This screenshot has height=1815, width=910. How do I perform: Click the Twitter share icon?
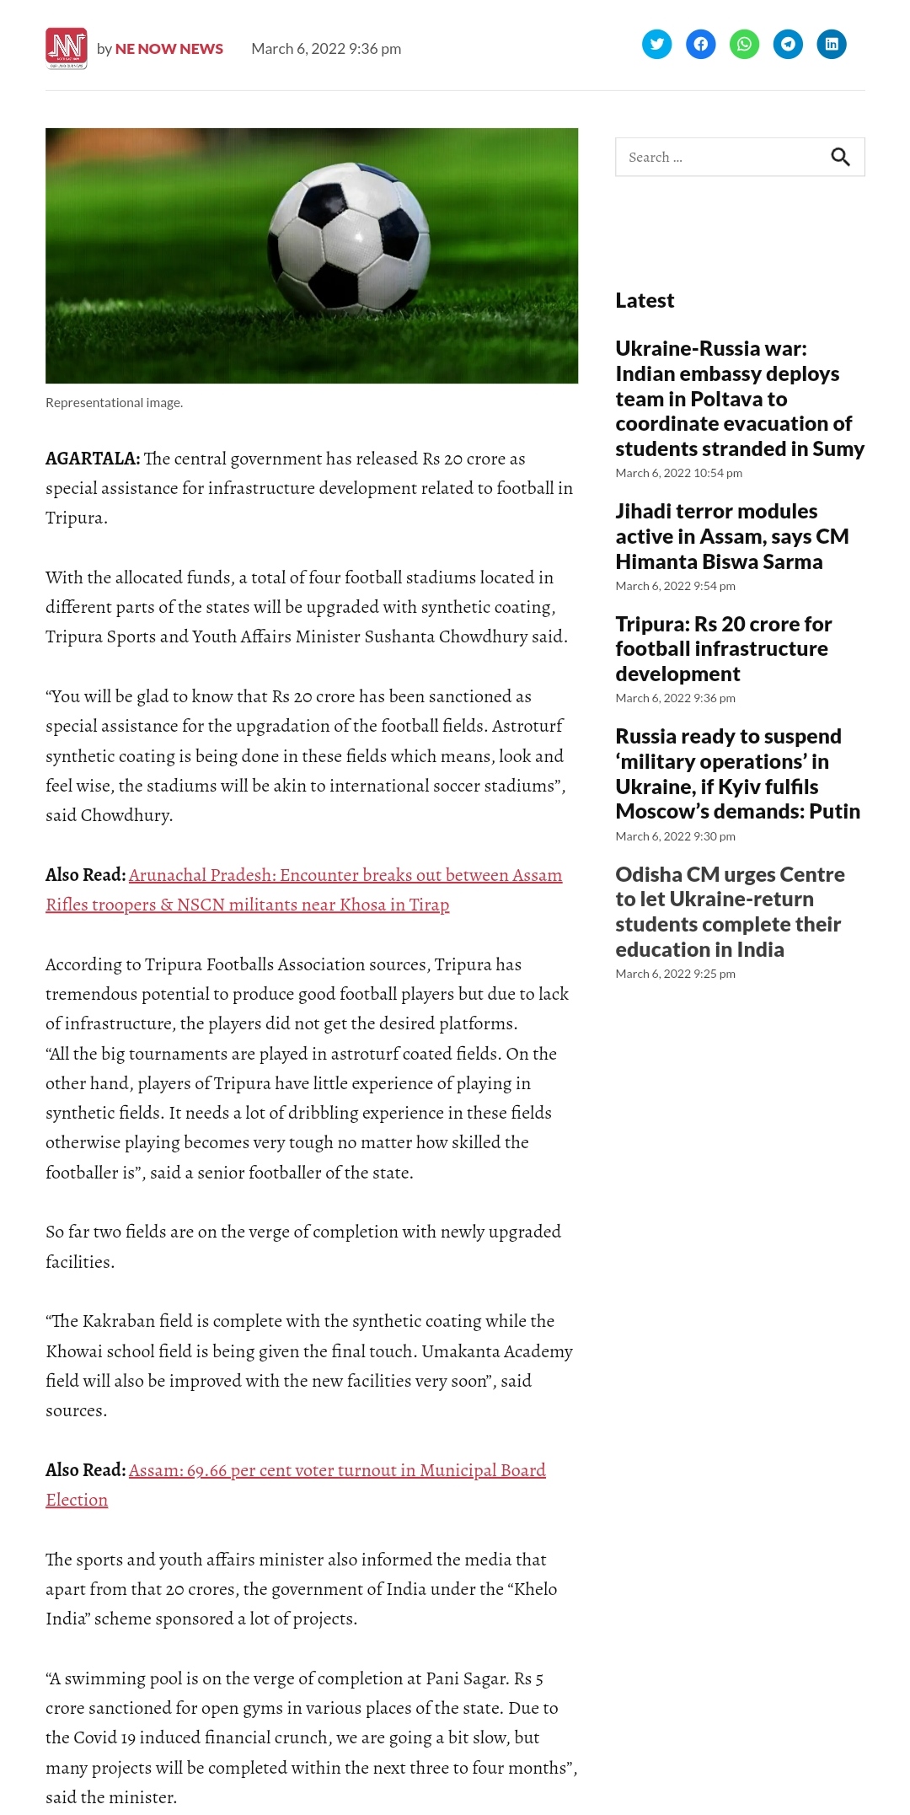[x=656, y=44]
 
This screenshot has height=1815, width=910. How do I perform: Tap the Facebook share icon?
[x=700, y=44]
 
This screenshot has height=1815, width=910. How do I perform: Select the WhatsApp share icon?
[x=744, y=44]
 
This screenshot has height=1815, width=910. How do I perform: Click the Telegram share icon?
[x=788, y=44]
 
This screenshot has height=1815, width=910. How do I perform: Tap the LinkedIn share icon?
[x=832, y=44]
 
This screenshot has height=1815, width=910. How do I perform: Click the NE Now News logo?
[x=67, y=48]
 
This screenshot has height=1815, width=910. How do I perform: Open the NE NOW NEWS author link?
[x=169, y=49]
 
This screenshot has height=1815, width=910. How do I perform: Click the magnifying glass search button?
[x=840, y=157]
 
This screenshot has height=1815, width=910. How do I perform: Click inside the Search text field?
[x=716, y=157]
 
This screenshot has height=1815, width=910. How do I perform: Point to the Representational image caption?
[x=114, y=403]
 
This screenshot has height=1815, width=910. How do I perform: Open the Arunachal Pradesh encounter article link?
[x=345, y=875]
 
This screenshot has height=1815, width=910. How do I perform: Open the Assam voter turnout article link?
[x=337, y=1470]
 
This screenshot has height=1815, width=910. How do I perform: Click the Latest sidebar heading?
[x=645, y=301]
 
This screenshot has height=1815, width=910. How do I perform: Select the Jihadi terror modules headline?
[x=731, y=536]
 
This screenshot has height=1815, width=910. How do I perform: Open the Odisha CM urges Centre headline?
[x=730, y=911]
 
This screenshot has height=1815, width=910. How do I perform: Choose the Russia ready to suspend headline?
[x=737, y=773]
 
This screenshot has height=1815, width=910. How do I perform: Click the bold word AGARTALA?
[x=92, y=459]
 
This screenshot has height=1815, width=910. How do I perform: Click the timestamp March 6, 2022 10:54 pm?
[x=678, y=473]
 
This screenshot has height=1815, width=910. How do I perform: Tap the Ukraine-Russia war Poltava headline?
[x=739, y=399]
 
